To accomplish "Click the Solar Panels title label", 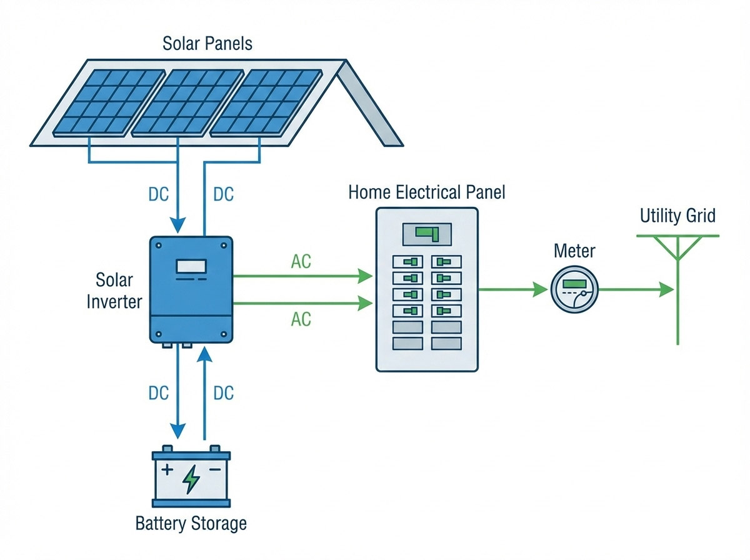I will [207, 44].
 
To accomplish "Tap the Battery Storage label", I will [191, 523].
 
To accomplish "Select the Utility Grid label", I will [677, 216].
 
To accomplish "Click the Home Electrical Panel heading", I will [427, 192].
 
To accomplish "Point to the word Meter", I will [574, 251].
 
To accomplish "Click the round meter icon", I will [574, 290].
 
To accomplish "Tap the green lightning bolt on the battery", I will [191, 479].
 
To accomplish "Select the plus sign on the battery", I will [167, 469].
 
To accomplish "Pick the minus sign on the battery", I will [215, 469].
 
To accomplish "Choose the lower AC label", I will [301, 319].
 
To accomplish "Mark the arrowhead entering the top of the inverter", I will [179, 224].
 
